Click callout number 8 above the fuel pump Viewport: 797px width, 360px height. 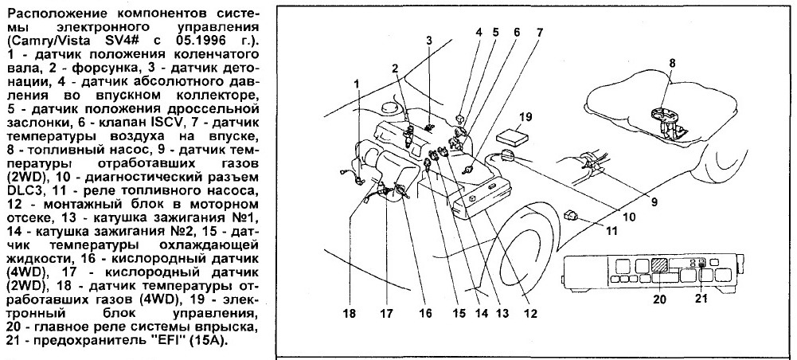(672, 62)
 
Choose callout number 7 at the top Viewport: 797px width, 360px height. (539, 33)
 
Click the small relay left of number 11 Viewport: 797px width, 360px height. (571, 213)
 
